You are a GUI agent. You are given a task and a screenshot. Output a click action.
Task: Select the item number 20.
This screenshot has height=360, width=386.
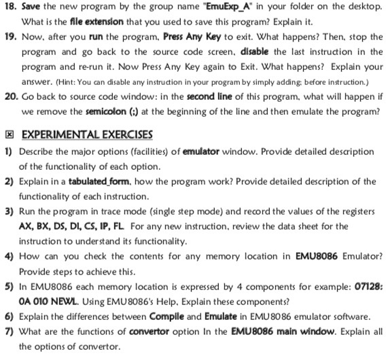(9, 96)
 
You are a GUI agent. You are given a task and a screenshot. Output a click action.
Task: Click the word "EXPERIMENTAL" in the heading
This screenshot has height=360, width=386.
(52, 133)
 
